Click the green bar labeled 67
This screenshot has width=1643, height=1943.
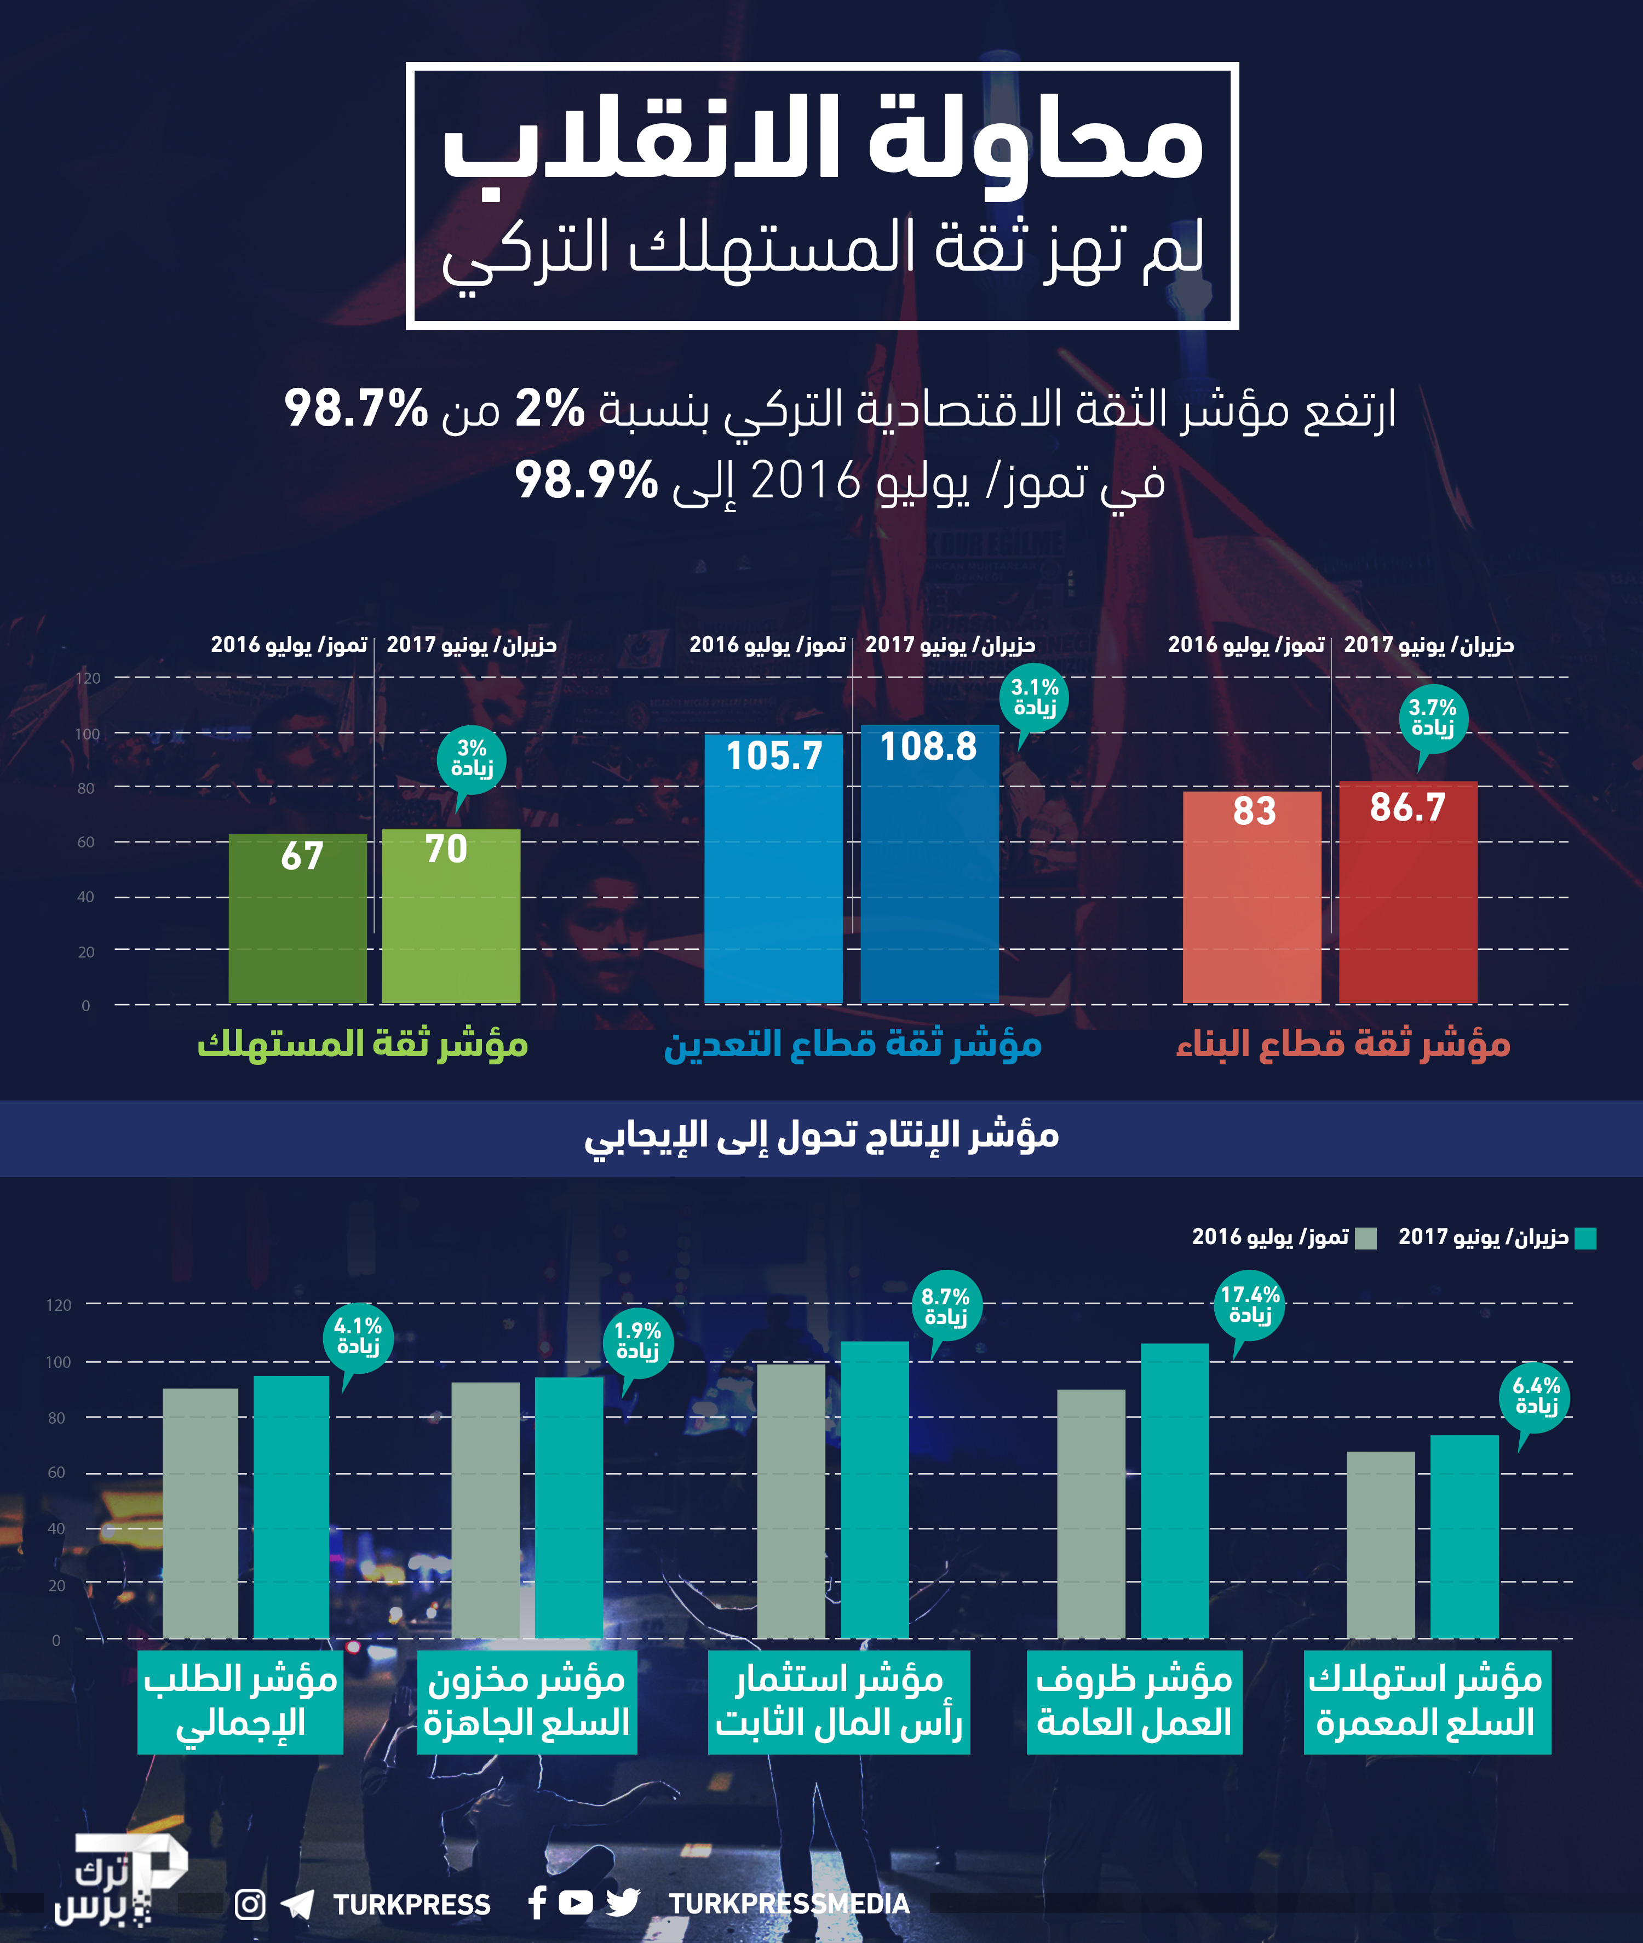(x=297, y=918)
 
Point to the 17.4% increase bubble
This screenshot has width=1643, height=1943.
(x=1250, y=1304)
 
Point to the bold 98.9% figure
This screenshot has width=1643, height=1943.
(x=586, y=480)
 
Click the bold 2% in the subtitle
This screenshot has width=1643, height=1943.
(x=549, y=408)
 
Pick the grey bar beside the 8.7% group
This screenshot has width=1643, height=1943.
(x=791, y=1500)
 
